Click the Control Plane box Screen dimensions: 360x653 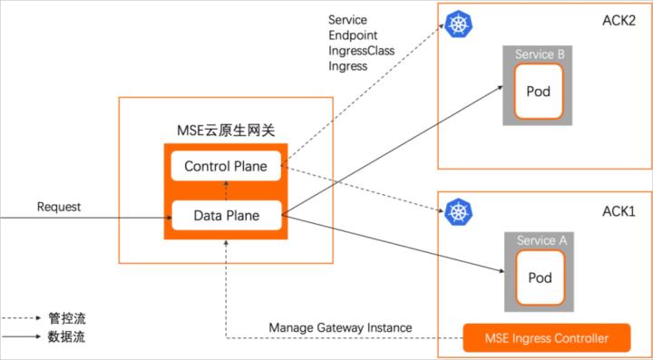pos(226,166)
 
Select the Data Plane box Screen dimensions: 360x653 pos(226,216)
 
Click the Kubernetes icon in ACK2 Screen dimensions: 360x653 pos(460,24)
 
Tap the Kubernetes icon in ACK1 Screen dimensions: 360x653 pos(460,212)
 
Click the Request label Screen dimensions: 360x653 pos(59,207)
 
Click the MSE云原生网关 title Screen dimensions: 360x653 pos(226,132)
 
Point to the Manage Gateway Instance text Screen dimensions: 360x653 pos(340,327)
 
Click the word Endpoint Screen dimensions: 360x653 pos(352,35)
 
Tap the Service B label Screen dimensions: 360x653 pos(540,54)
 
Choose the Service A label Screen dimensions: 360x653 pos(541,240)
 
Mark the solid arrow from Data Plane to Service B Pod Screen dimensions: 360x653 pos(390,151)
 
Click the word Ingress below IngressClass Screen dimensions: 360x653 pos(347,66)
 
